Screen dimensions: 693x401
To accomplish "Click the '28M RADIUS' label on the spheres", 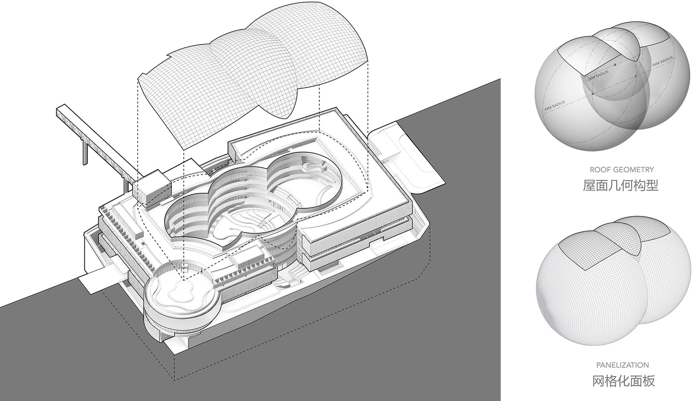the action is pos(598,75).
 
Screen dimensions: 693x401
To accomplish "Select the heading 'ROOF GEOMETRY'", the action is pos(622,169).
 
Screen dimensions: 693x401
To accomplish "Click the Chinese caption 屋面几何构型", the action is pos(620,185).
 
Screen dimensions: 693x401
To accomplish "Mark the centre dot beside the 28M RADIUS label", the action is pos(615,65).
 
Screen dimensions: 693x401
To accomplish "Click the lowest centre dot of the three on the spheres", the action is pos(593,94).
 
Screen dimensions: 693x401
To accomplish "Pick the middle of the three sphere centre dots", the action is pos(636,76).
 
